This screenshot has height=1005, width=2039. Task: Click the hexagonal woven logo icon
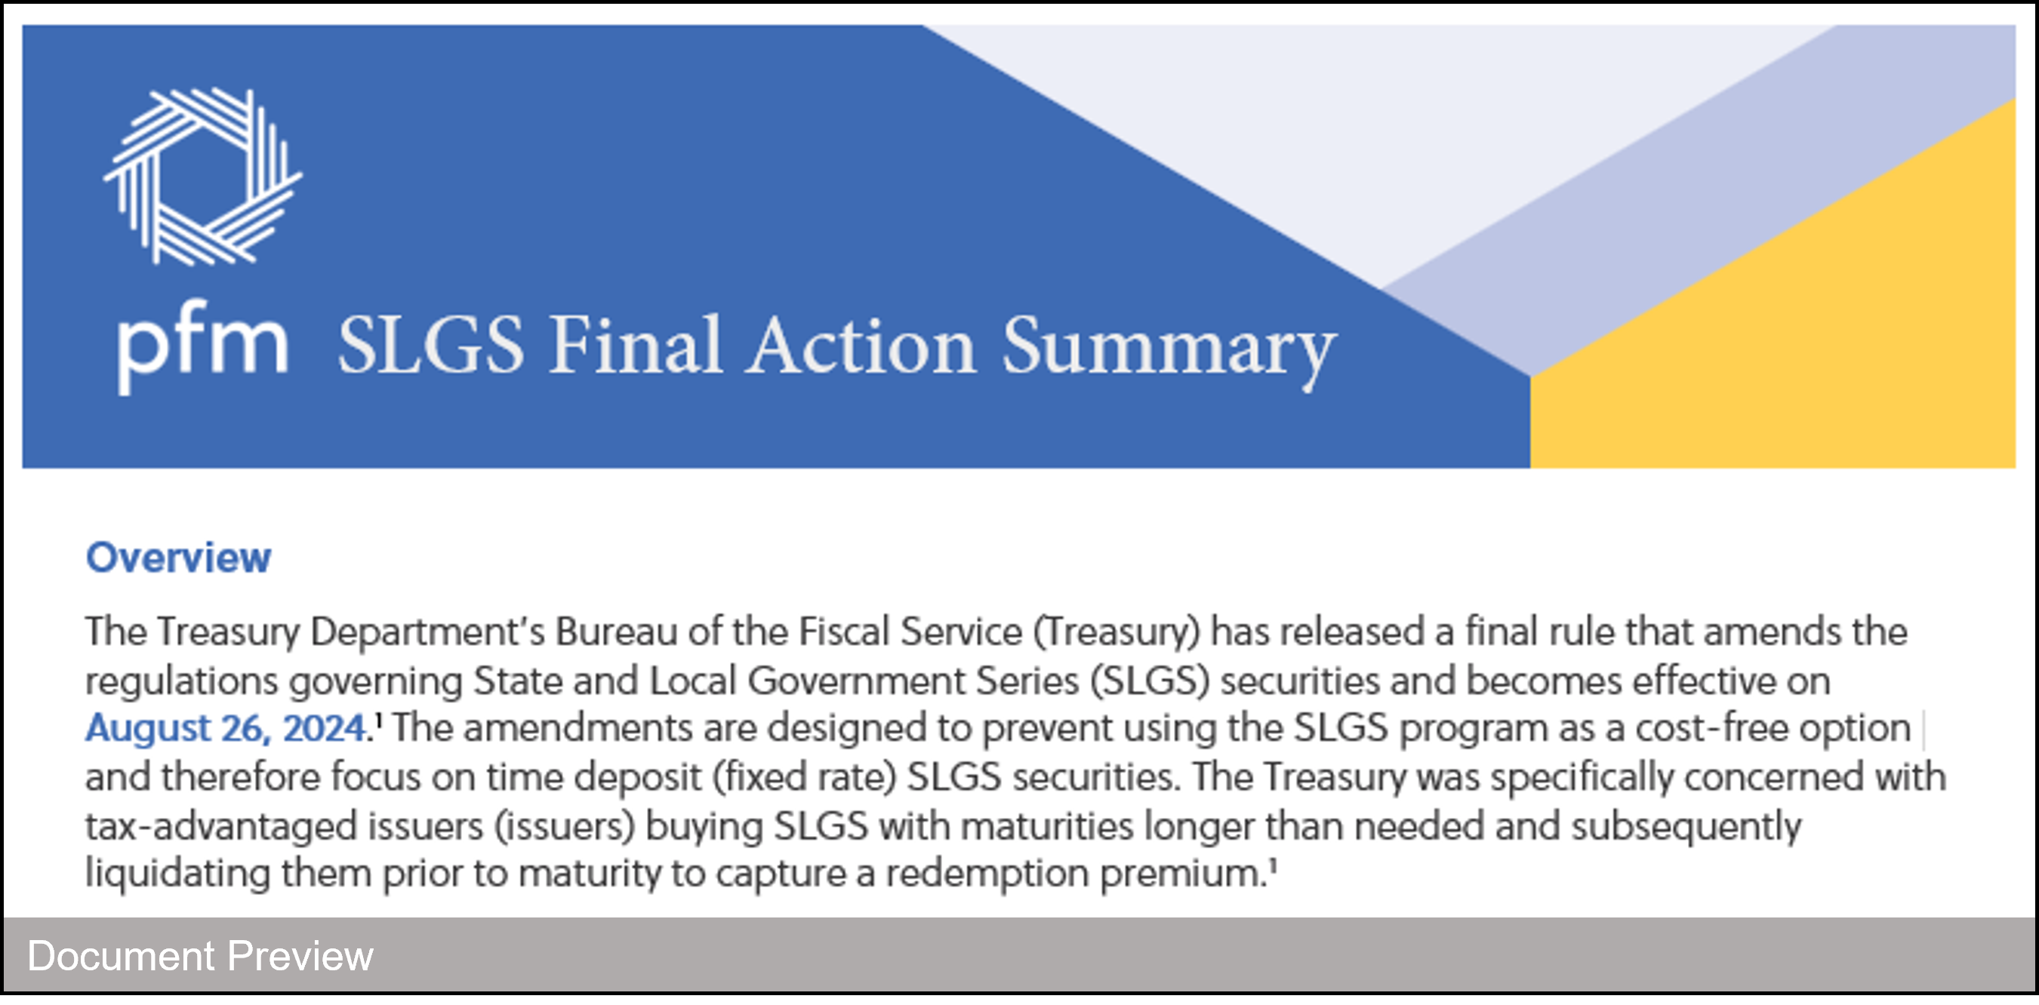pos(202,176)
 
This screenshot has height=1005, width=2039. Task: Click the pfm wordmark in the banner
pos(202,346)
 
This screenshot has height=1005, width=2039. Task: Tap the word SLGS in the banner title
pos(431,345)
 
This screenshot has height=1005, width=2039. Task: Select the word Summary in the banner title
pos(1169,352)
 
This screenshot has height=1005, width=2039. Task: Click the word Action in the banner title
pos(862,345)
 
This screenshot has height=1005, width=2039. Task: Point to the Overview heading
pos(178,558)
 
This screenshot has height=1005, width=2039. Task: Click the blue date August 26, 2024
pos(226,729)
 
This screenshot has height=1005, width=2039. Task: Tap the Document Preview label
pos(200,956)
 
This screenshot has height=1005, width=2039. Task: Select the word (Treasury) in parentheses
pos(1117,634)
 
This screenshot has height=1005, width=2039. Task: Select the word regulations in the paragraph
pos(182,682)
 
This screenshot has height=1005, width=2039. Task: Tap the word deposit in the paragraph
pos(637,779)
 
